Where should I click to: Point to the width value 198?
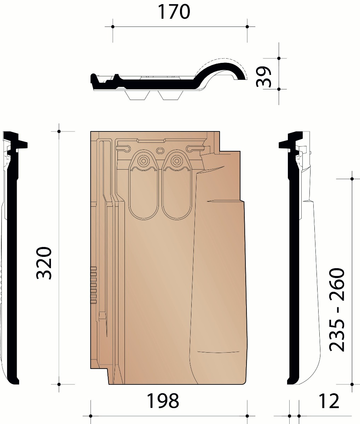pos(163,401)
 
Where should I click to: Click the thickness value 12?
pos(329,401)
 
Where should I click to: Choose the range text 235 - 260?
pos(336,310)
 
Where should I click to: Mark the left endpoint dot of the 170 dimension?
pos(113,26)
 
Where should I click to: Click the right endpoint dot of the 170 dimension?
pos(247,26)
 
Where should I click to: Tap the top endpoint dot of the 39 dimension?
pos(279,58)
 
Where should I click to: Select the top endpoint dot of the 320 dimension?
pos(59,131)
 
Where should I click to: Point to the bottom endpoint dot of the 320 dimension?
pos(59,384)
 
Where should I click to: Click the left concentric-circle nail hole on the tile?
pos(144,161)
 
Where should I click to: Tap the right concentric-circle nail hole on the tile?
pos(176,161)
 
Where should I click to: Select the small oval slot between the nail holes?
pos(160,150)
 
